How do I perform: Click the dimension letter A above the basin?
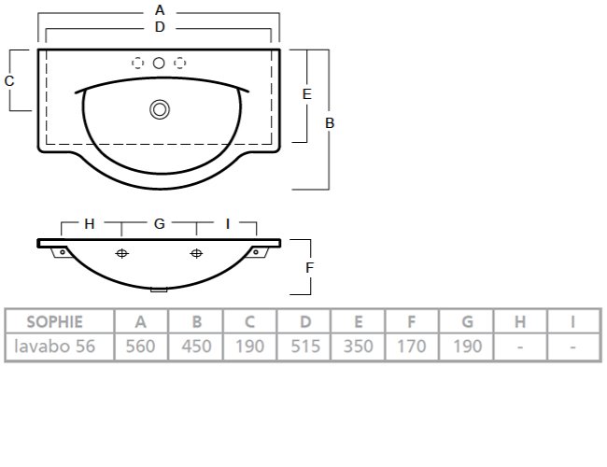(160, 10)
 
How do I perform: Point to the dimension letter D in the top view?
(160, 27)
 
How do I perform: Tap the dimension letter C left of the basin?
(9, 81)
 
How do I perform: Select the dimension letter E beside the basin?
(306, 94)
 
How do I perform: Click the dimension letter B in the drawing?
(330, 123)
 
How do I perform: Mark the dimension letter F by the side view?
(309, 267)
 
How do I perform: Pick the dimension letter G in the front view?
(160, 224)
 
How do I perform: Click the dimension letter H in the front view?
(90, 224)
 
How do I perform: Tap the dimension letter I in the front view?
(228, 224)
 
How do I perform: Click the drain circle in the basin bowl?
(160, 109)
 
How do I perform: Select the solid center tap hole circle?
(159, 63)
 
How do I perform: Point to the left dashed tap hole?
(138, 63)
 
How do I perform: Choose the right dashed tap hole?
(179, 63)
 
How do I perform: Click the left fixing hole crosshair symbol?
(122, 253)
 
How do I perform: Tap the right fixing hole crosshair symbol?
(196, 253)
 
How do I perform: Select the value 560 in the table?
(140, 347)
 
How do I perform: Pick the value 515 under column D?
(305, 347)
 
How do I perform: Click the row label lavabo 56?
(54, 347)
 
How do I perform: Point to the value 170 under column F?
(412, 347)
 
